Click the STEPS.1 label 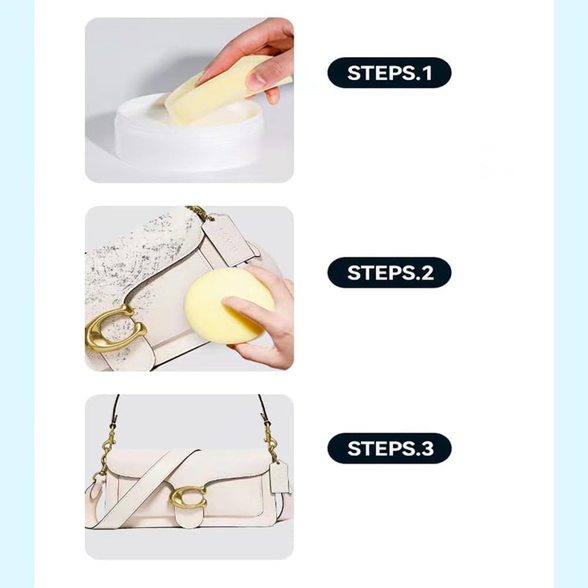pos(389,73)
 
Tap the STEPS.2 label pos(389,273)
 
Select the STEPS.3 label pos(389,448)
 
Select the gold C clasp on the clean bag pos(188,497)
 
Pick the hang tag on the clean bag pos(279,477)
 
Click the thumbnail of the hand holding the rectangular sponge pos(189,100)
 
